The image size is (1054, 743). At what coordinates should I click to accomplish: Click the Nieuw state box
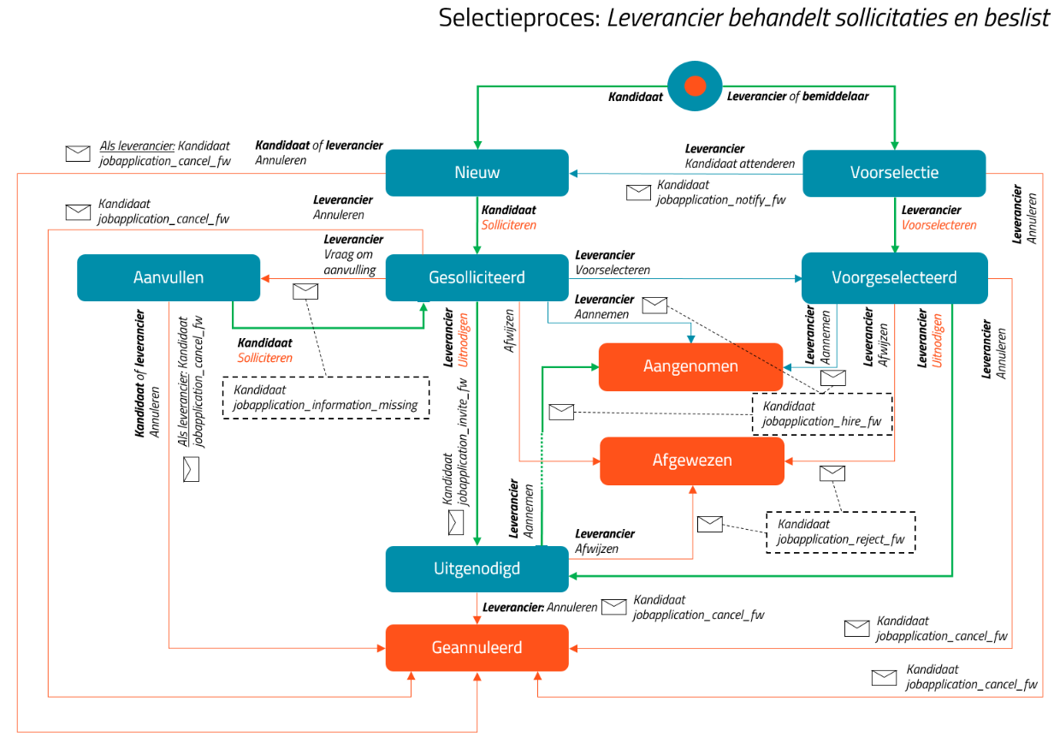[477, 173]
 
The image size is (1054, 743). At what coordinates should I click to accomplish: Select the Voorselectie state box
[895, 173]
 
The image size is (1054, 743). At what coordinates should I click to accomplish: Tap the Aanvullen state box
[169, 278]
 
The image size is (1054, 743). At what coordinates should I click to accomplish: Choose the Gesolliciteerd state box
[477, 278]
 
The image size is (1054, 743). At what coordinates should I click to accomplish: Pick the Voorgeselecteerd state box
[895, 278]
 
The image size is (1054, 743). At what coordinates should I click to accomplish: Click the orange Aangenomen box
[690, 366]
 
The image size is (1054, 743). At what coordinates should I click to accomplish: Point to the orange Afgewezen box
[692, 461]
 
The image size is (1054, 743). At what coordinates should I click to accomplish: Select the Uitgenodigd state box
[477, 568]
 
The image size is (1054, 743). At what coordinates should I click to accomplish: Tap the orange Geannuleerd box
[477, 648]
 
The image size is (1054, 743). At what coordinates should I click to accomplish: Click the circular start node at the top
[695, 86]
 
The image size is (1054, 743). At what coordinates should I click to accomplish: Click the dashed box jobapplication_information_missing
[326, 398]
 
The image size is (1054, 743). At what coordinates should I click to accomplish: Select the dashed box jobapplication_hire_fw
[822, 414]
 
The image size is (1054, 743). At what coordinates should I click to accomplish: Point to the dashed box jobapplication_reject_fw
[841, 532]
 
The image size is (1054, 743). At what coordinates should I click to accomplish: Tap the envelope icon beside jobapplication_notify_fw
[638, 193]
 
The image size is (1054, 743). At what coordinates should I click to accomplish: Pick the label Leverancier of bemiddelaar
[798, 97]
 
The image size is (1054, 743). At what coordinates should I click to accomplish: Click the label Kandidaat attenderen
[740, 163]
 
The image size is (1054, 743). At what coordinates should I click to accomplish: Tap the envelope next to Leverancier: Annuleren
[614, 607]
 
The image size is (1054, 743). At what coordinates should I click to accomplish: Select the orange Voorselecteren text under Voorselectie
[939, 225]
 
